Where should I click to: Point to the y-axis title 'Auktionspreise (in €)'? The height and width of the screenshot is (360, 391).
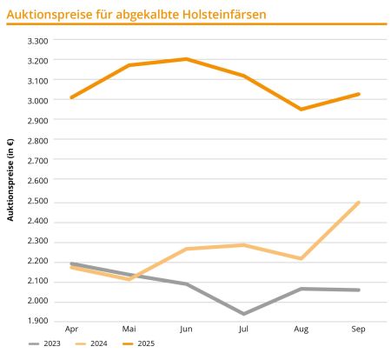point(10,180)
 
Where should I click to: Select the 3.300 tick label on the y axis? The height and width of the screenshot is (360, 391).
point(38,40)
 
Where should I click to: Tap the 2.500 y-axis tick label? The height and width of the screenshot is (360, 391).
point(38,202)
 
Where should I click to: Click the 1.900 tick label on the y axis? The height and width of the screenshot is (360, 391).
point(38,322)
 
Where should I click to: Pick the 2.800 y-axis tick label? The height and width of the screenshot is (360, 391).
point(38,141)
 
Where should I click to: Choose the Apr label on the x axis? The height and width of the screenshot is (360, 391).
point(72,330)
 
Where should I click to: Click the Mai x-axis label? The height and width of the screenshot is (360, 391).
point(129,330)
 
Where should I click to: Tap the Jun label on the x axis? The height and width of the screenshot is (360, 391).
point(186,330)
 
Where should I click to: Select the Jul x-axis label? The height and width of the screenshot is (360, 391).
point(243,330)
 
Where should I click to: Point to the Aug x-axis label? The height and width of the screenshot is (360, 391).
point(302,330)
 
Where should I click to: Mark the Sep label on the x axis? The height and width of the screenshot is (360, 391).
point(358,330)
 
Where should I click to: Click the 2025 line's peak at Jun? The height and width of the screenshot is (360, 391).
point(186,59)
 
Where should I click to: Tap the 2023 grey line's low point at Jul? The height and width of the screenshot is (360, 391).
point(243,313)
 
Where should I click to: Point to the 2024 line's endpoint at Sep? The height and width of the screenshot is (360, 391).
point(358,203)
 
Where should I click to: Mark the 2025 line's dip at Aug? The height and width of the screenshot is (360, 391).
point(302,110)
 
